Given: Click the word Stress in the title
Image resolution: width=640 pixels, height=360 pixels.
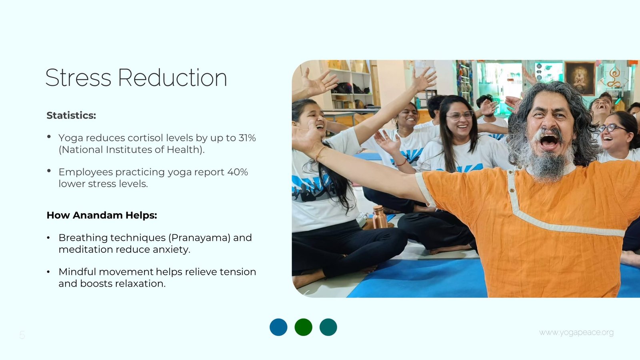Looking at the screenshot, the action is (x=78, y=78).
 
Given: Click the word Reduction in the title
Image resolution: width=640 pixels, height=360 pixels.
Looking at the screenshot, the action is (x=172, y=78).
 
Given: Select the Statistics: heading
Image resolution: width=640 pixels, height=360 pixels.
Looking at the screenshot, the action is (x=71, y=115).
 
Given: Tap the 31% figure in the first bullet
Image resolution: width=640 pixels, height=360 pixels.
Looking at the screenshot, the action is (x=247, y=138).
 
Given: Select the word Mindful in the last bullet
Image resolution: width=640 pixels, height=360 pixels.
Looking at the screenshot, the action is (x=77, y=272).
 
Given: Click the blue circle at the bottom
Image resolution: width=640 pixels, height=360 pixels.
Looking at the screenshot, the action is (x=278, y=327).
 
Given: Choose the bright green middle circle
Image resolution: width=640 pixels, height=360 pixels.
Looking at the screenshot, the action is (x=304, y=327).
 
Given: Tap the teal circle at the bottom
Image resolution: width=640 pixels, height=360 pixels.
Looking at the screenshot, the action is (x=328, y=327).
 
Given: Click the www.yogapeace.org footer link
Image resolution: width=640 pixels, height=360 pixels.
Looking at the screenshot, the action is (x=576, y=332).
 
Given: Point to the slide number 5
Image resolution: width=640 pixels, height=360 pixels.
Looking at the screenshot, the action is (x=22, y=335).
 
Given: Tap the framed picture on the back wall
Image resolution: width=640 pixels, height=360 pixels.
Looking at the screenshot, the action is (x=580, y=78).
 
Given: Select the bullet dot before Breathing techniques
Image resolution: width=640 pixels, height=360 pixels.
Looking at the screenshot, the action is (x=48, y=238).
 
